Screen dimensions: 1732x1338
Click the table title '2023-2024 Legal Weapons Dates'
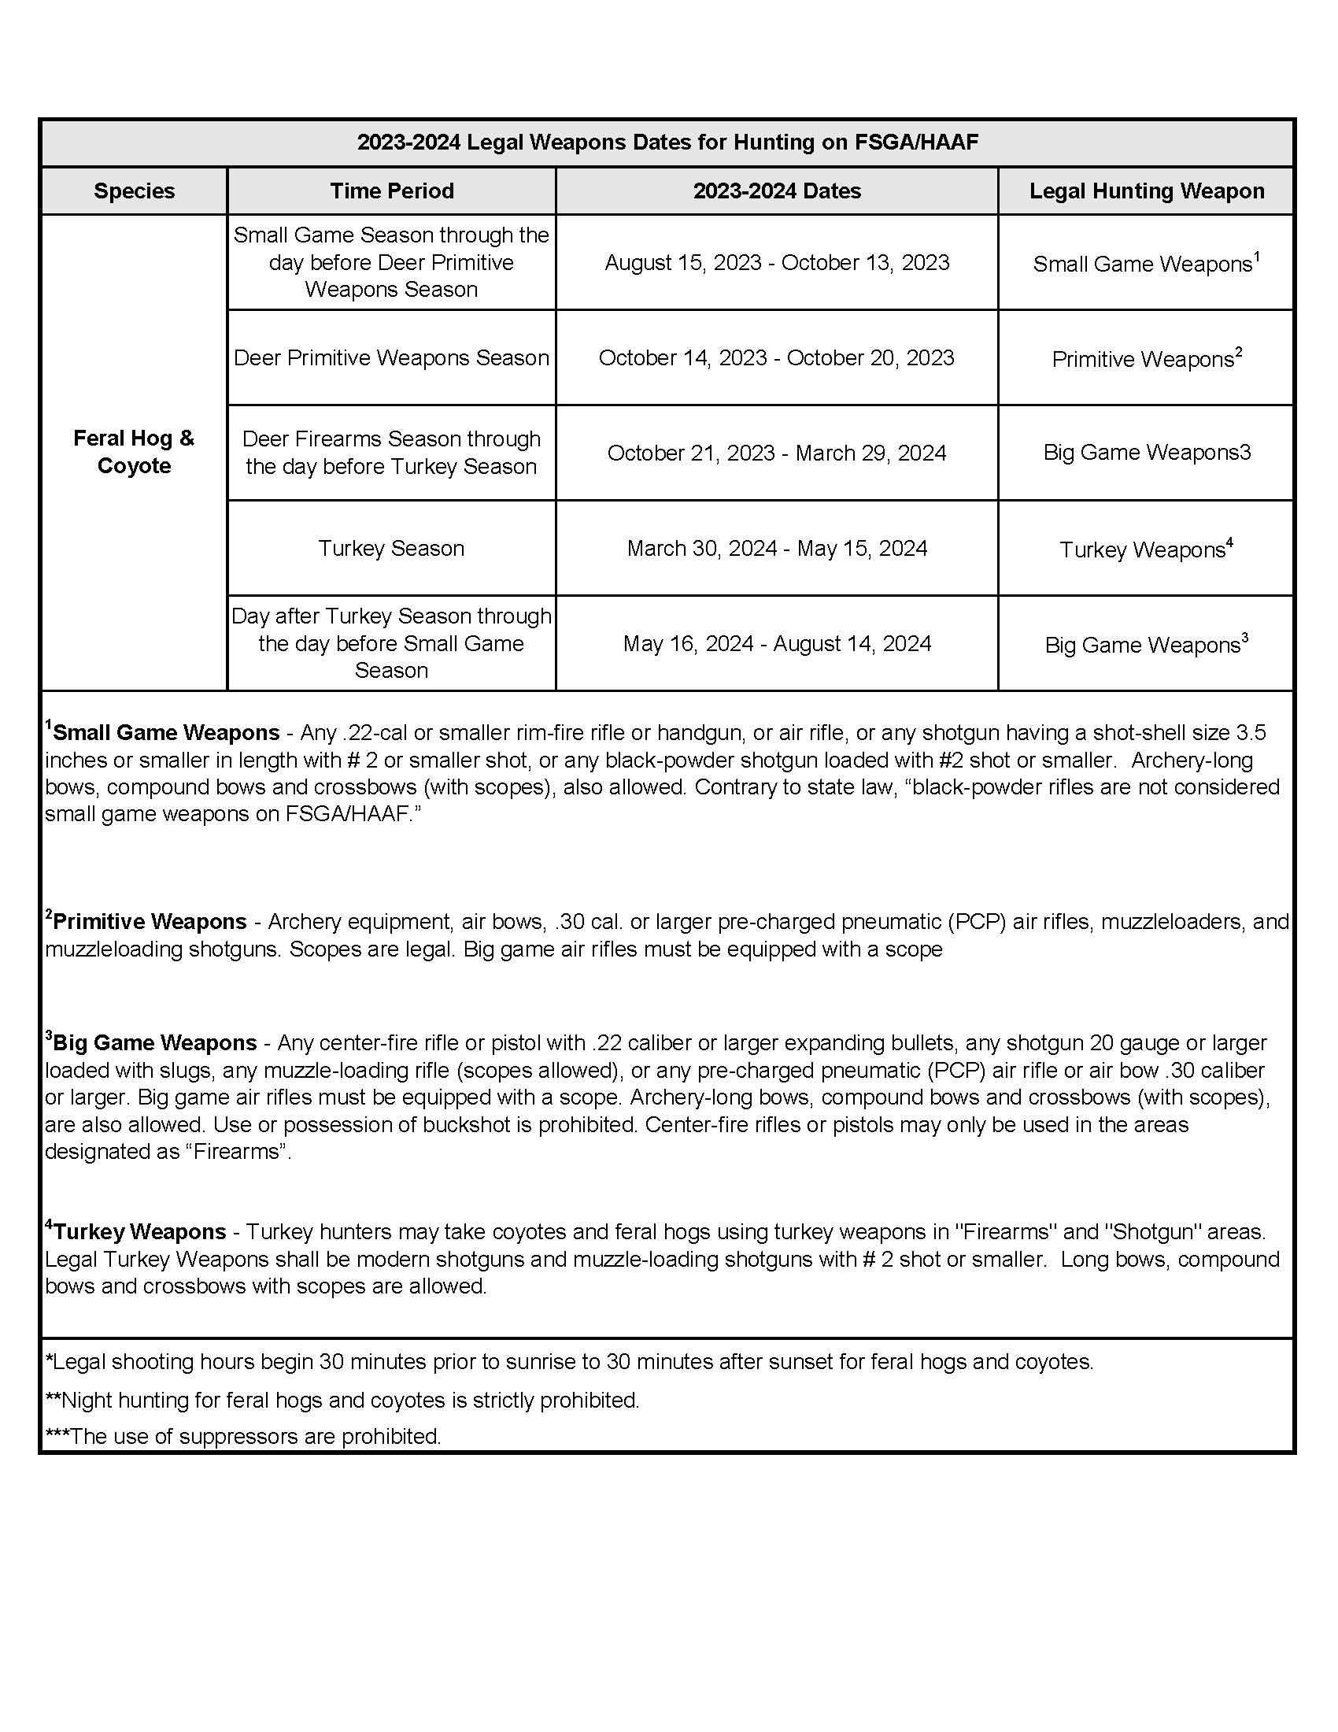(x=667, y=142)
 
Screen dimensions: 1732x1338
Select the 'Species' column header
(x=134, y=191)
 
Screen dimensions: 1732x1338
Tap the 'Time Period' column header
(x=392, y=191)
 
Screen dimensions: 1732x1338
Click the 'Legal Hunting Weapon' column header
(x=1146, y=191)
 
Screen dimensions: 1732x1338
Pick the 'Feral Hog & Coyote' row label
(x=134, y=452)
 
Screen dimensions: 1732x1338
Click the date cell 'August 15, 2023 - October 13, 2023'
(x=777, y=263)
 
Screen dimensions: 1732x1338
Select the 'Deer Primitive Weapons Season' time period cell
(x=392, y=358)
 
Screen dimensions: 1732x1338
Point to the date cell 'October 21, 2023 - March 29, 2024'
(x=777, y=453)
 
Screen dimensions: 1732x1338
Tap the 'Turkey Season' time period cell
(x=392, y=549)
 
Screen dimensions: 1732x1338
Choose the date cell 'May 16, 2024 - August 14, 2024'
(x=777, y=644)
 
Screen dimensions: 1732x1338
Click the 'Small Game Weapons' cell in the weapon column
(x=1146, y=264)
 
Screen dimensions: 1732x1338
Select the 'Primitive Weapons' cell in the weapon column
(x=1146, y=359)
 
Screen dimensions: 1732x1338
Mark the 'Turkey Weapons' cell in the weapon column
(x=1146, y=550)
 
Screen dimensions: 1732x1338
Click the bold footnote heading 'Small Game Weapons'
(x=165, y=733)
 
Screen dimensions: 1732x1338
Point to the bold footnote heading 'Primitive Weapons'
(x=150, y=923)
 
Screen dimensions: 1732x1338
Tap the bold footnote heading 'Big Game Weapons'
(x=154, y=1043)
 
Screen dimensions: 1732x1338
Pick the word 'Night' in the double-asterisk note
(x=84, y=1401)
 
